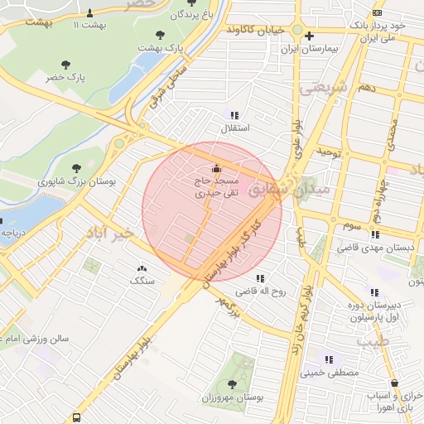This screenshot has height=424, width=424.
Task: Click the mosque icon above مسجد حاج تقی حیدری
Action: (x=217, y=169)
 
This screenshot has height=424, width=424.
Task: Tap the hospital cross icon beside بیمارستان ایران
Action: (x=309, y=36)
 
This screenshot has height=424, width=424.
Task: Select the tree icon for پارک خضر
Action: (x=65, y=64)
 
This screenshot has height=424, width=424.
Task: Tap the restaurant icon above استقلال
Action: (x=235, y=116)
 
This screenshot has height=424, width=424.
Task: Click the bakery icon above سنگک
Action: (x=142, y=268)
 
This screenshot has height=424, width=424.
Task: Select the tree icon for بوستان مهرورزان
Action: (x=231, y=384)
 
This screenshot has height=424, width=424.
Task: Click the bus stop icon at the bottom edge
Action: (x=77, y=418)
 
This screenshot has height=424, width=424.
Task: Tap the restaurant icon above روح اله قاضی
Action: (x=261, y=278)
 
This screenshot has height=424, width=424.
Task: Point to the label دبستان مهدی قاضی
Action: (x=371, y=248)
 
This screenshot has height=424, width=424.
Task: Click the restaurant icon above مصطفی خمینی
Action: (x=330, y=359)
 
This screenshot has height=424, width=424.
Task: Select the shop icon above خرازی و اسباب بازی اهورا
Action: (x=393, y=383)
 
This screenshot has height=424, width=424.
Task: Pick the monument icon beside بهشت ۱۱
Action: (x=90, y=12)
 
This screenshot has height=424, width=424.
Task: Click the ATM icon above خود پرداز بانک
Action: (x=378, y=12)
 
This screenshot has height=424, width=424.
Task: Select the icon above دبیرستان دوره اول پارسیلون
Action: (x=375, y=292)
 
